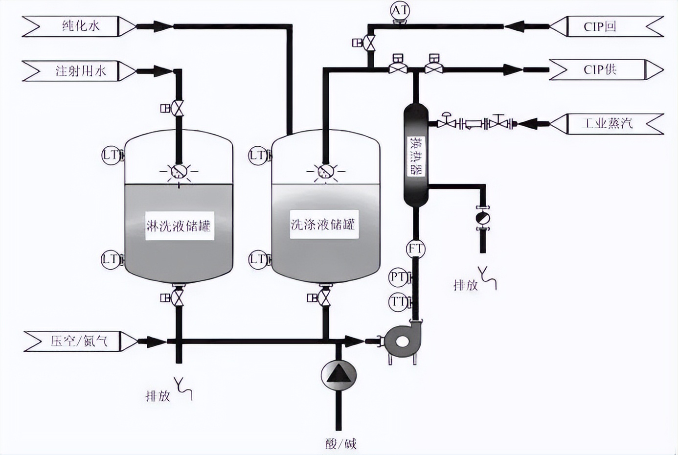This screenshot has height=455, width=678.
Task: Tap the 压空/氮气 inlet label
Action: pos(80,341)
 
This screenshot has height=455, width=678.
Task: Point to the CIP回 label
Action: pos(600,26)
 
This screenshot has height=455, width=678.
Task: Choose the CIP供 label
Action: pos(600,69)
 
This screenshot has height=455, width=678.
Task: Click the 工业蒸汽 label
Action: pos(608,123)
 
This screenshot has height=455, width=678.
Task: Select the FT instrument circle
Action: pos(415,249)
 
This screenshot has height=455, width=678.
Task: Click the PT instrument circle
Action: pos(399,277)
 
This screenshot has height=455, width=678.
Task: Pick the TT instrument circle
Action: pos(399,302)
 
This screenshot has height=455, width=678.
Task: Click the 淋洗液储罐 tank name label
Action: pos(179,226)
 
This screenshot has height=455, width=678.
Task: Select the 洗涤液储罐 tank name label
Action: pos(323,225)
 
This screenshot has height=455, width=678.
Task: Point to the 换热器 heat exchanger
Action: pos(416,156)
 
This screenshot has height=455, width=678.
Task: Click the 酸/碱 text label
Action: pos(340,444)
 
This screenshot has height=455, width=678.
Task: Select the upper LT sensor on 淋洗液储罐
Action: pos(110,156)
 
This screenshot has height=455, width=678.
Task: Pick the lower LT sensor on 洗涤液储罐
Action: pos(258,259)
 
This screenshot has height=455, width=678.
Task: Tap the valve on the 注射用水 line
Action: pos(178,108)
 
